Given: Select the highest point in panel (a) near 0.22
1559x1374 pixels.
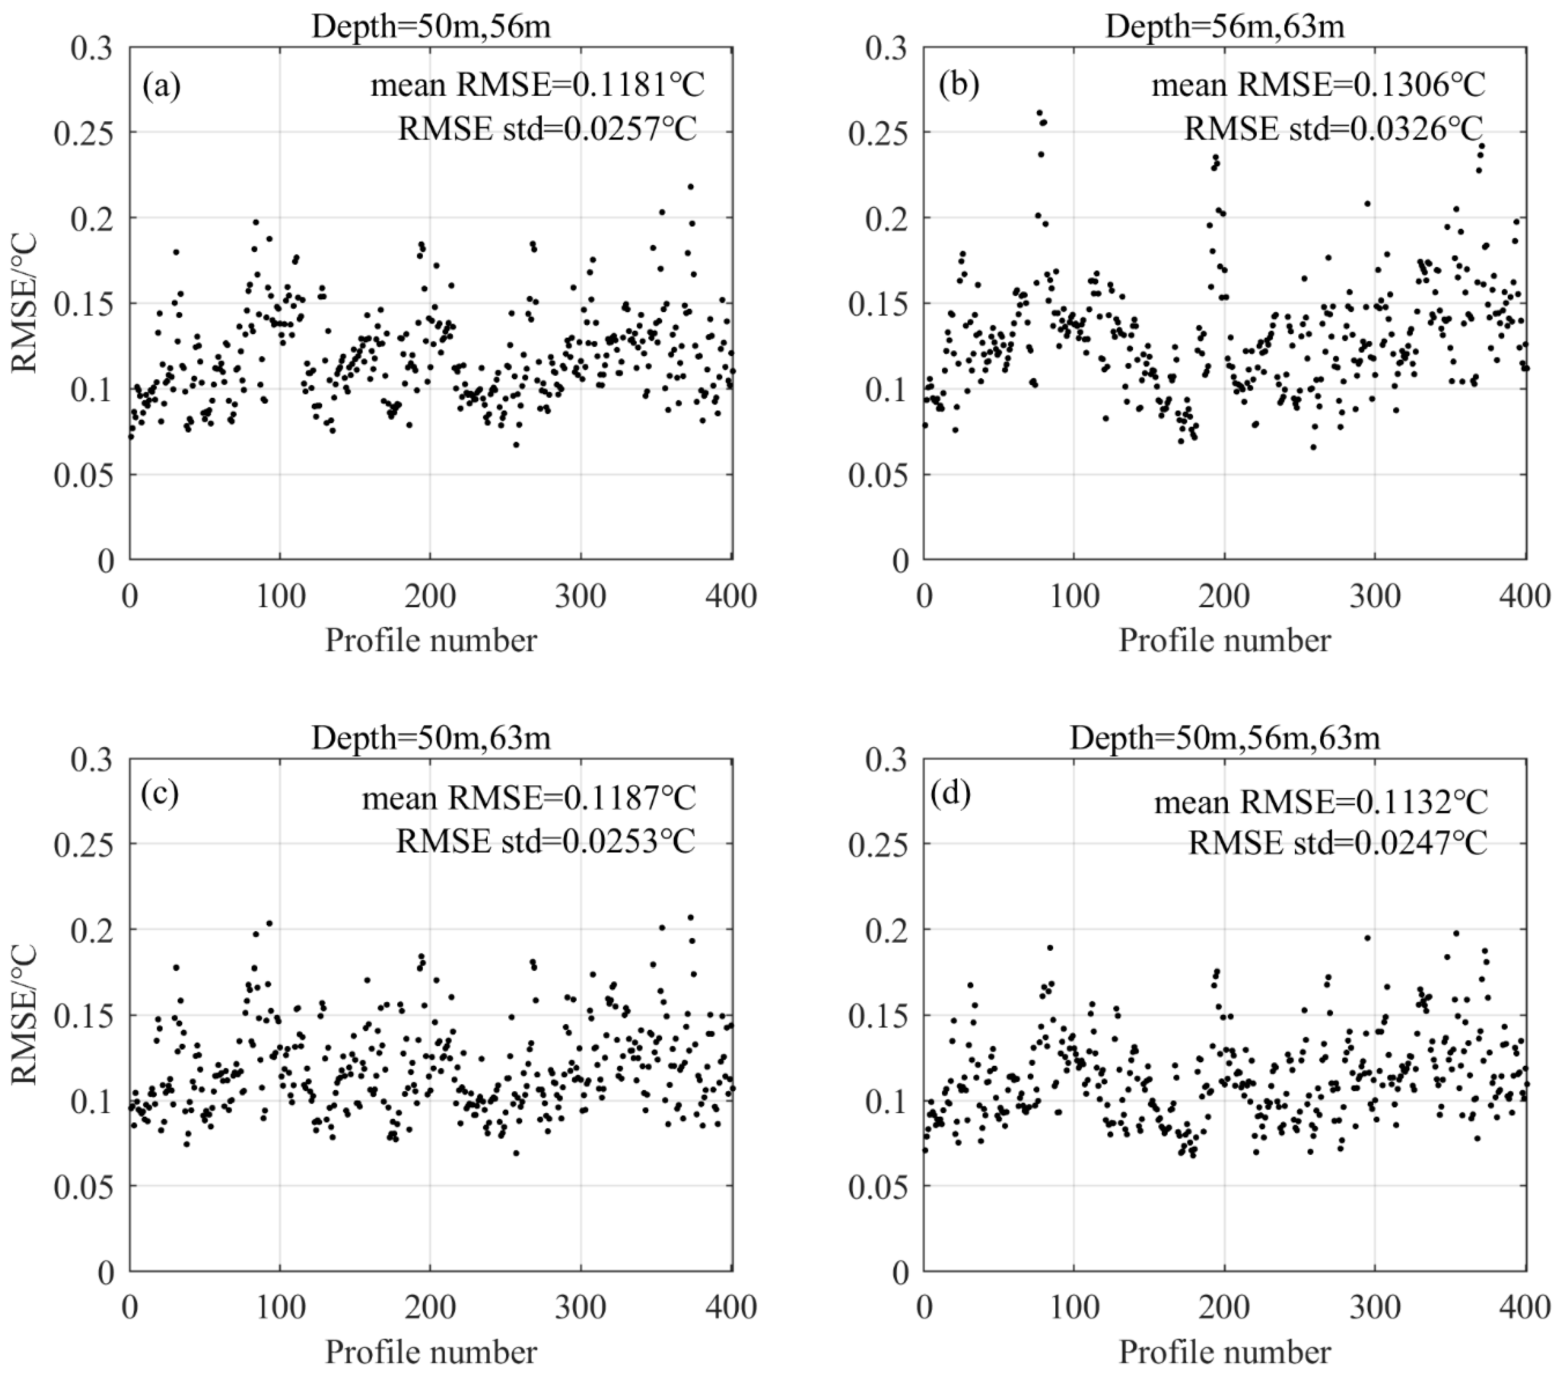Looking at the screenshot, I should click(690, 186).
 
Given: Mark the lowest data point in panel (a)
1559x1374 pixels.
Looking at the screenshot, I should click(516, 444).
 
